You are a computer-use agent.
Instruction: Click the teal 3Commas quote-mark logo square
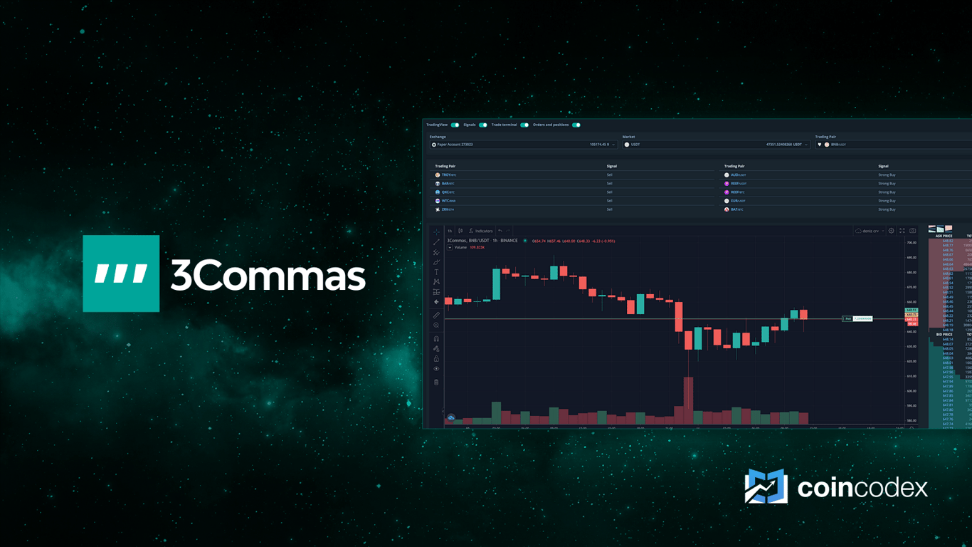coord(121,273)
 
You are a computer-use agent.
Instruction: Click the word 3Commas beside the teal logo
coord(268,275)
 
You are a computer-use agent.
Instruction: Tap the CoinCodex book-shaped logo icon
coord(766,487)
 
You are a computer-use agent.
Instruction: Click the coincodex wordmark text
coord(862,488)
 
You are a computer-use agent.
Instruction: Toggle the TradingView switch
coord(455,125)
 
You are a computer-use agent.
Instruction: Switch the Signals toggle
coord(483,125)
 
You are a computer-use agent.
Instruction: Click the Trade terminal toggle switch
coord(524,125)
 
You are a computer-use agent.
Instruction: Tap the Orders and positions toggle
coord(576,125)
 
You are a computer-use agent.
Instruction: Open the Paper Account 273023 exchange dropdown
coord(523,145)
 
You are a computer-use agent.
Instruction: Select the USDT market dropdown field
coord(715,145)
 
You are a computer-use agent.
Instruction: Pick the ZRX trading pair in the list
coord(447,210)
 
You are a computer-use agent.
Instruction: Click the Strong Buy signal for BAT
coord(887,210)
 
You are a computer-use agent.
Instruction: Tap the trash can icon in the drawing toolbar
coord(436,382)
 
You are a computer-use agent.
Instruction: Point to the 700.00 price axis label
coord(912,243)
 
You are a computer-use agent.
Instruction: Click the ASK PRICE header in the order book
coord(944,236)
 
